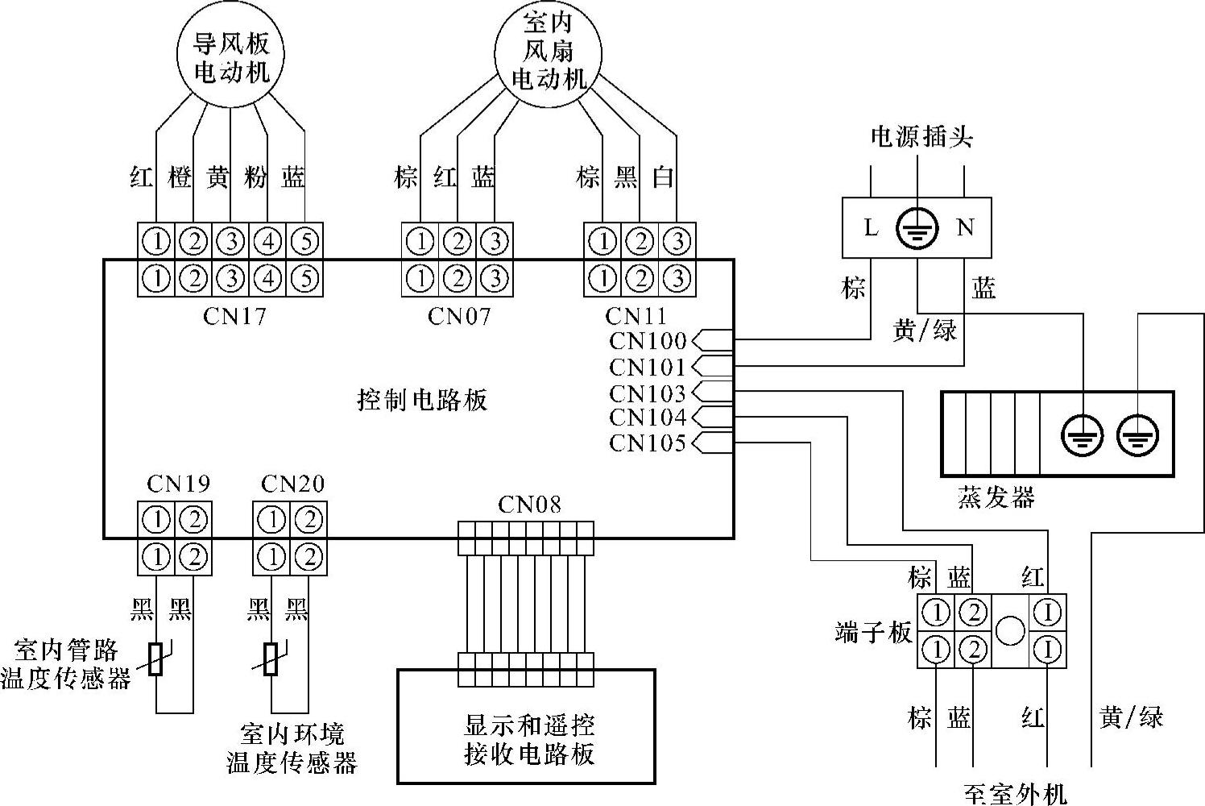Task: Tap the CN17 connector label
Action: click(234, 316)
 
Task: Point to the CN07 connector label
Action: click(458, 316)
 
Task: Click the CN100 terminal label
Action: click(648, 341)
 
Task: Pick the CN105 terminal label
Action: click(648, 442)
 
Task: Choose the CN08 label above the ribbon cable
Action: click(529, 505)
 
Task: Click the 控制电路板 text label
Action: click(422, 400)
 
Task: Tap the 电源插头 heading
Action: click(921, 137)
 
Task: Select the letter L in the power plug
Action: click(871, 228)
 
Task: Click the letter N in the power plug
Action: click(964, 228)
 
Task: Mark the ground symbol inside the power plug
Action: click(917, 228)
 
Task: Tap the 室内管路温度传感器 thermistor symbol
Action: click(157, 658)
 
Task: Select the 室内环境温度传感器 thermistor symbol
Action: click(272, 658)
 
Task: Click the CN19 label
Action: click(178, 484)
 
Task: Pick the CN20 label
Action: click(292, 484)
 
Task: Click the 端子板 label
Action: click(873, 633)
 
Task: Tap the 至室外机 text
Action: click(1015, 795)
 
